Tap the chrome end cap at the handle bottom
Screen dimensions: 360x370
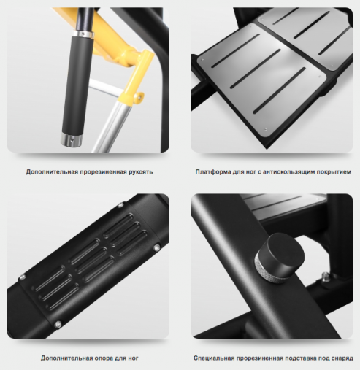click(x=70, y=139)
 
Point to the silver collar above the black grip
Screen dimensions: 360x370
click(x=84, y=34)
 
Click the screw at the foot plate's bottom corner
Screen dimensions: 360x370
click(x=265, y=129)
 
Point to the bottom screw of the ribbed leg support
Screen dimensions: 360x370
click(x=58, y=323)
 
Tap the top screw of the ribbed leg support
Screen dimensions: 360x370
click(x=120, y=206)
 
